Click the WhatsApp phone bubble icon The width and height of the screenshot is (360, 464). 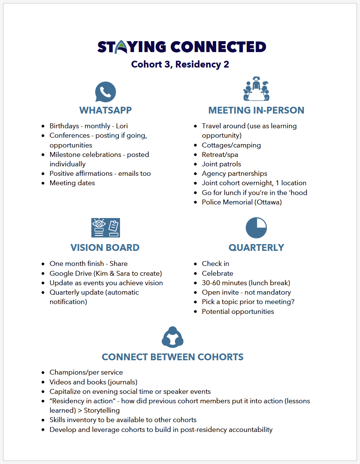coord(105,92)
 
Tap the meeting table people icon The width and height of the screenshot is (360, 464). coord(256,89)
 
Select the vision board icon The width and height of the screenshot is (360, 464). coord(105,228)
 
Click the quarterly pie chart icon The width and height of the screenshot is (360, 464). coord(256,228)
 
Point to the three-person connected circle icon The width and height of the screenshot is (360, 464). coord(172,337)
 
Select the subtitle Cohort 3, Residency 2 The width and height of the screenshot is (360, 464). coord(180,64)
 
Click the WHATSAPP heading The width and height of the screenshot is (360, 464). coord(105,110)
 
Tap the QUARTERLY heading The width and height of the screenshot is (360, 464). coord(256,247)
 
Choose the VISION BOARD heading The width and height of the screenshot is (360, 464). coord(105,247)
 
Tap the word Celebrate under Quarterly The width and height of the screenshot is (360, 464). coord(217,273)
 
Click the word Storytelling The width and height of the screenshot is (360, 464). coord(102,410)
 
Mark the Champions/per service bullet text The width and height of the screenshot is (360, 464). coord(86,372)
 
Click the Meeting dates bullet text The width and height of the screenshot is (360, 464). coord(72,183)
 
